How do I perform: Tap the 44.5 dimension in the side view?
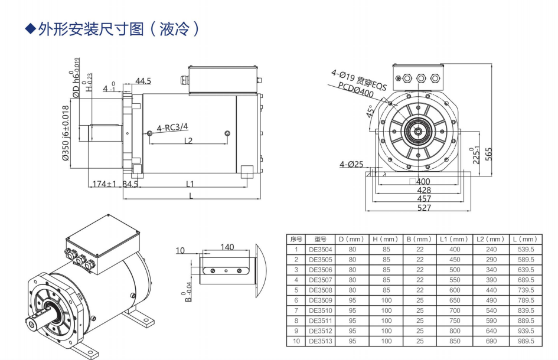(x=143, y=81)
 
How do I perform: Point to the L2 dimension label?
(x=188, y=140)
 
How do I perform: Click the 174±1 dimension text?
(x=104, y=184)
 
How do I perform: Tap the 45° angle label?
(x=370, y=112)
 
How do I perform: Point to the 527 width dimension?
(x=424, y=207)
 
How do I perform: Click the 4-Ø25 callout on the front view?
(x=351, y=164)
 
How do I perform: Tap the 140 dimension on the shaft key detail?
(x=227, y=247)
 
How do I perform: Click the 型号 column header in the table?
(x=321, y=239)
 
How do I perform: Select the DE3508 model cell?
(x=321, y=290)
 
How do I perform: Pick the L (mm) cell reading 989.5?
(x=525, y=341)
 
